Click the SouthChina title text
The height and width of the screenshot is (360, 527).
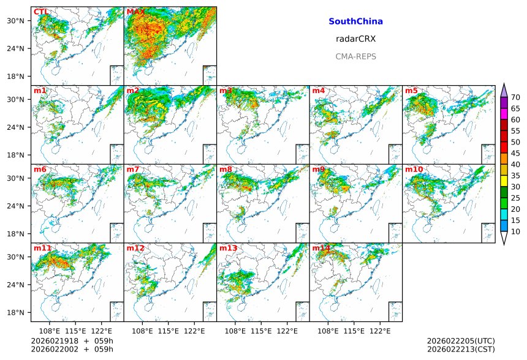pyautogui.click(x=355, y=21)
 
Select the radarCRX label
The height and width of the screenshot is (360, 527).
pyautogui.click(x=355, y=39)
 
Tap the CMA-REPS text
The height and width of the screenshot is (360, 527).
pyautogui.click(x=355, y=56)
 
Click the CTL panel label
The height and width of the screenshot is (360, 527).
pyautogui.click(x=41, y=12)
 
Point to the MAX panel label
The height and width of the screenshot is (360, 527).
pyautogui.click(x=135, y=12)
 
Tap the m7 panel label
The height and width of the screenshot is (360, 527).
pyautogui.click(x=132, y=169)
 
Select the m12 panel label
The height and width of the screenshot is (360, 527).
pyautogui.click(x=135, y=248)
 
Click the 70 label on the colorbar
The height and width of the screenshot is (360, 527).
pyautogui.click(x=515, y=97)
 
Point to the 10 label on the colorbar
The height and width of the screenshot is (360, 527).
pyautogui.click(x=515, y=231)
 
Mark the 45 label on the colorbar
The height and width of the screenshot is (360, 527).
pyautogui.click(x=515, y=153)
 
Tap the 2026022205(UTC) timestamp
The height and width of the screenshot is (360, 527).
pyautogui.click(x=460, y=340)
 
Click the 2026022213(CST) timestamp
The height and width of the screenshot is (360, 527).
pyautogui.click(x=460, y=350)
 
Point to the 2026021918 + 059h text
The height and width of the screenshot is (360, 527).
pyautogui.click(x=68, y=340)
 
